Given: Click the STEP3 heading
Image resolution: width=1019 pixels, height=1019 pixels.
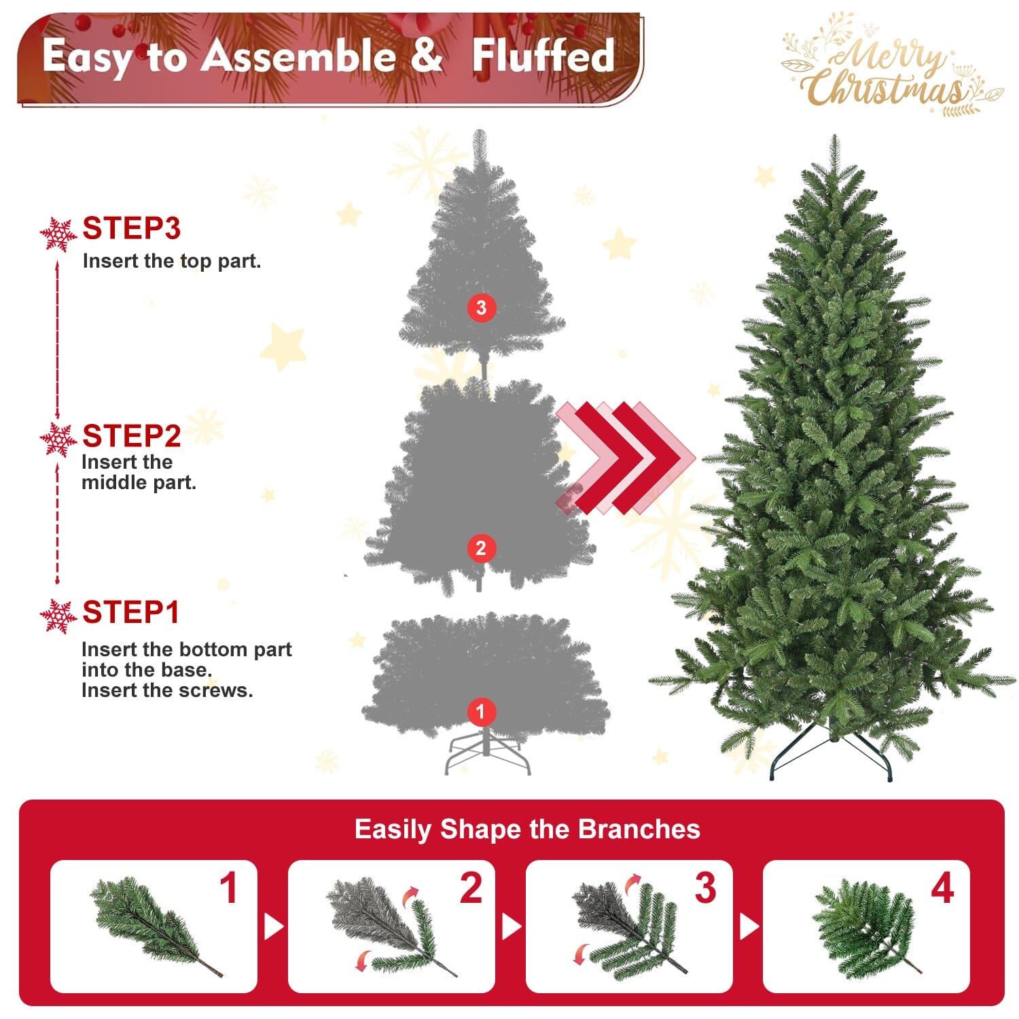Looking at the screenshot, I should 131,228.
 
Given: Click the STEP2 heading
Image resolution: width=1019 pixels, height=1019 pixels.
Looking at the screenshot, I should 131,435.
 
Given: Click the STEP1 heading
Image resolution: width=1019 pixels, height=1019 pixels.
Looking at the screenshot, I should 130,612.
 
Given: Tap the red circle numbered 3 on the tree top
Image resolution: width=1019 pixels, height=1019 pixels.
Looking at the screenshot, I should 481,308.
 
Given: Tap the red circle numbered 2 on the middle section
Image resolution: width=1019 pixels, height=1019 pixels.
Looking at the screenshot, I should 481,548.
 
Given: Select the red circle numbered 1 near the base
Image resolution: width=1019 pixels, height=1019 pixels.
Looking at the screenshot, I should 481,712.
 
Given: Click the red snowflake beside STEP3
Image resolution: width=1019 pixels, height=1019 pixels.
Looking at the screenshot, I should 58,234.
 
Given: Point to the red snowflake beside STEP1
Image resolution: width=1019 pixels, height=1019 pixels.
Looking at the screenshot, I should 58,616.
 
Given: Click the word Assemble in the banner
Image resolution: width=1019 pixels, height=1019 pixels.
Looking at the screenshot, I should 299,56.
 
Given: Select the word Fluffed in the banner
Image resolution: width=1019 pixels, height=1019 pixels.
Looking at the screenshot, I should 543,56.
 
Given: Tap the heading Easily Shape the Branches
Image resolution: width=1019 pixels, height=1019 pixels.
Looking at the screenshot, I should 527,829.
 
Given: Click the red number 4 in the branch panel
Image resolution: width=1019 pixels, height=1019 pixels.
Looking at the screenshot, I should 942,888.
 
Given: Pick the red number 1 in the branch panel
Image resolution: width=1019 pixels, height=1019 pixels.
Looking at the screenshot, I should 229,888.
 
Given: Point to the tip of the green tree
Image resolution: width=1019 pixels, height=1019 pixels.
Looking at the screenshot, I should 834,139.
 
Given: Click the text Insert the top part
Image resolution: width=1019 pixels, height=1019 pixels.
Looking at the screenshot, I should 172,261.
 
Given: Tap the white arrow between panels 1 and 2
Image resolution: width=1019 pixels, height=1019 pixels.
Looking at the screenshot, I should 273,927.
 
